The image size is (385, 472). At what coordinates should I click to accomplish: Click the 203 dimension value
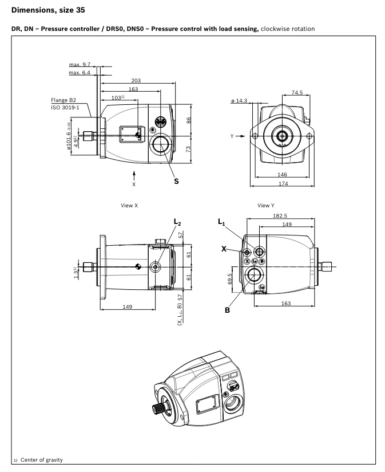(x=136, y=81)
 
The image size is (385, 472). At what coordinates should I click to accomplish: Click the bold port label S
(x=176, y=181)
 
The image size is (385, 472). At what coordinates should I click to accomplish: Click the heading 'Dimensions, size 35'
(x=47, y=9)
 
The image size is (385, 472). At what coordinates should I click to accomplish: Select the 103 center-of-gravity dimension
(x=118, y=98)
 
